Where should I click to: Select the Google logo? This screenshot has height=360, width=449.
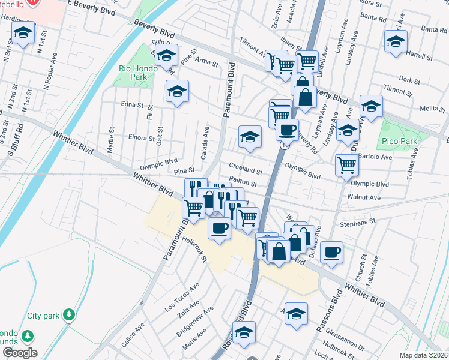[x=20, y=353]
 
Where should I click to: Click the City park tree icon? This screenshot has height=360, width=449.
[x=70, y=314]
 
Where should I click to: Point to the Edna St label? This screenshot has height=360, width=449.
[x=132, y=104]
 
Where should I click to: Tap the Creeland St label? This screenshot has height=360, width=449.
[x=245, y=166]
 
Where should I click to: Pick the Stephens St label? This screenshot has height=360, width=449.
[x=357, y=223]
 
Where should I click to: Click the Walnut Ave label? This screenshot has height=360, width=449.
[x=364, y=197]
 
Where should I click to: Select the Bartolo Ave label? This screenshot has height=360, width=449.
[x=375, y=157]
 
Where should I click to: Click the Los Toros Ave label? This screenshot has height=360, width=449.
[x=181, y=296]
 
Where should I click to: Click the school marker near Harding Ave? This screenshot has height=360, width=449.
[x=23, y=35]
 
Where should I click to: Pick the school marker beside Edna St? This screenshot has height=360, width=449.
[x=177, y=91]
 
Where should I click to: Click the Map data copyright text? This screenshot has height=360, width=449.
[x=424, y=355]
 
